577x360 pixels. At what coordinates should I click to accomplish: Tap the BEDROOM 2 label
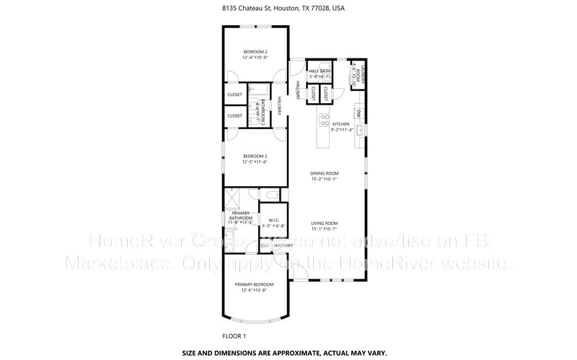255,52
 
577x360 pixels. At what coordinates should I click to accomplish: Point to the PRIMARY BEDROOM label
255,284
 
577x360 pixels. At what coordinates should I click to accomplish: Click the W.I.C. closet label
274,219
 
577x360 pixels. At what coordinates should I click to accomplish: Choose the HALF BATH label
319,71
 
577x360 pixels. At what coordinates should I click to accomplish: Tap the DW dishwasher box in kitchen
358,113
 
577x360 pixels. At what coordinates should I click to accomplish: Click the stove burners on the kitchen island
325,120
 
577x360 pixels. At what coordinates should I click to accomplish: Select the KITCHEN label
340,124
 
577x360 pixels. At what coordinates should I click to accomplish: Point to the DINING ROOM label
325,173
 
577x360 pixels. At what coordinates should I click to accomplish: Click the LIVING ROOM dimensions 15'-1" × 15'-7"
325,229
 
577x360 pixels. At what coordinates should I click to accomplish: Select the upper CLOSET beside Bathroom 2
235,95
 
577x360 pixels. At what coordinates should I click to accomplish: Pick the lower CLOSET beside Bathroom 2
235,115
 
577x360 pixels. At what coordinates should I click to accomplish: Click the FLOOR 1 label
234,336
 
